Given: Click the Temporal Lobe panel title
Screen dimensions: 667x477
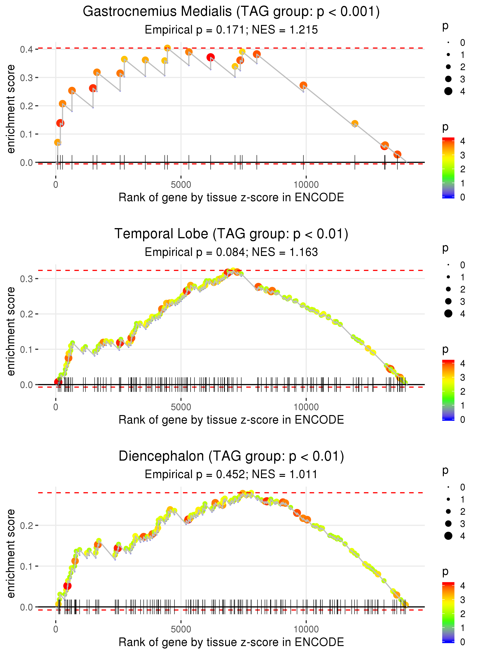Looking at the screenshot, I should coord(231,234).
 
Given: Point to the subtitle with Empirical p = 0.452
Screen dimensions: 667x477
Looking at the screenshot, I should coord(231,475).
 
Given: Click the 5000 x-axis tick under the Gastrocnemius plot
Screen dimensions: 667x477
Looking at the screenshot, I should coord(181,185).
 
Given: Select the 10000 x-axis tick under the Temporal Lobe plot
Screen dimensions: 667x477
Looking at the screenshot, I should coord(306,407).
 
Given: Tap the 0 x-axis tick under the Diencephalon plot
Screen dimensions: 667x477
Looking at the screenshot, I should coord(56,629).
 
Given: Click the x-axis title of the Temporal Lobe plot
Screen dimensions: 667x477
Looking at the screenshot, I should coord(231,420).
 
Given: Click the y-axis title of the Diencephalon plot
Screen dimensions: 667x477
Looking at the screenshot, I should coord(11,553).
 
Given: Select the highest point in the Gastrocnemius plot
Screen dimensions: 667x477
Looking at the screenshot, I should coord(167,48).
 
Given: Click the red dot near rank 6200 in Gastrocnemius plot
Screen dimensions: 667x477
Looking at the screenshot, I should coord(210,57).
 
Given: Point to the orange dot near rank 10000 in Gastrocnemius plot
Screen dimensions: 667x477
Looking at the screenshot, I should coord(303,85).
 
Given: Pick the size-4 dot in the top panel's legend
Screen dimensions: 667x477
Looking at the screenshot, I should coord(448,91).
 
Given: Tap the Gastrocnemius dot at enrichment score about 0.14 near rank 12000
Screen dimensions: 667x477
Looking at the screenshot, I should coord(355,123).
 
